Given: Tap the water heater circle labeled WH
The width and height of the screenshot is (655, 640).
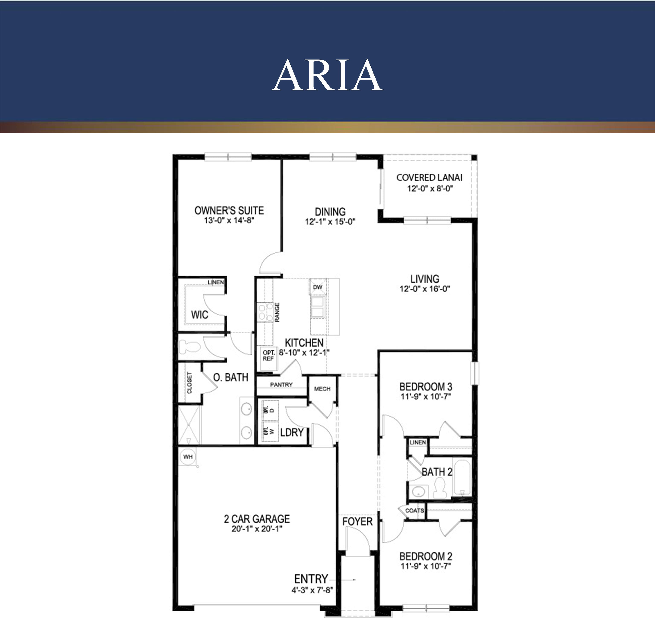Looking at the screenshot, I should tap(188, 457).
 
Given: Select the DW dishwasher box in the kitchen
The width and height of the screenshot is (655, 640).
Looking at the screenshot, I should tap(318, 287).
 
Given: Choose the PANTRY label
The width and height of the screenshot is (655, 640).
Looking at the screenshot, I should tap(281, 385).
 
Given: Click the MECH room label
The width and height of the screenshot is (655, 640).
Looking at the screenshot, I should tap(322, 389).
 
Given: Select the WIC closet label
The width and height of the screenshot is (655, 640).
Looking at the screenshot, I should tap(200, 315).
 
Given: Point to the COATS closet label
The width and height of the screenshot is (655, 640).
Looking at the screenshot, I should tap(414, 510).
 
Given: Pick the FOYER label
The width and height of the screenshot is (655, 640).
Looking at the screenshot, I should tap(357, 521).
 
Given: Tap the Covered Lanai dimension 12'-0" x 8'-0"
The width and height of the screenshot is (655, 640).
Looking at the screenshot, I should tap(430, 189).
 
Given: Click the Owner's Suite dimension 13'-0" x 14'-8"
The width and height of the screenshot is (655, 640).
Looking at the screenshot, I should tap(229, 221).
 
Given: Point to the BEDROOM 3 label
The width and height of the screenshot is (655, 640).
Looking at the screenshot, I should tap(426, 387).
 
